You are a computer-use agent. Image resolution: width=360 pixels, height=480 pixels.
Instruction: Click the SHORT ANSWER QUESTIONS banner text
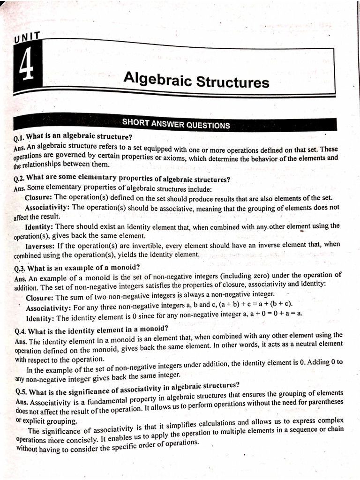(176, 125)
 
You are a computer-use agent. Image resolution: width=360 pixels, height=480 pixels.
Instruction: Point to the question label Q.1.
(19, 138)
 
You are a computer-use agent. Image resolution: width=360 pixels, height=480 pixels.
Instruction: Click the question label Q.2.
(20, 179)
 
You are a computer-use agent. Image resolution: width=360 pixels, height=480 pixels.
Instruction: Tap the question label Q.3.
(20, 269)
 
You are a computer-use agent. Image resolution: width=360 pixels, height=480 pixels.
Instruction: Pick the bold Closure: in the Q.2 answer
(39, 197)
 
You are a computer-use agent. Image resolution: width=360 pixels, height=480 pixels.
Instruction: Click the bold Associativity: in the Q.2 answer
(48, 207)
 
